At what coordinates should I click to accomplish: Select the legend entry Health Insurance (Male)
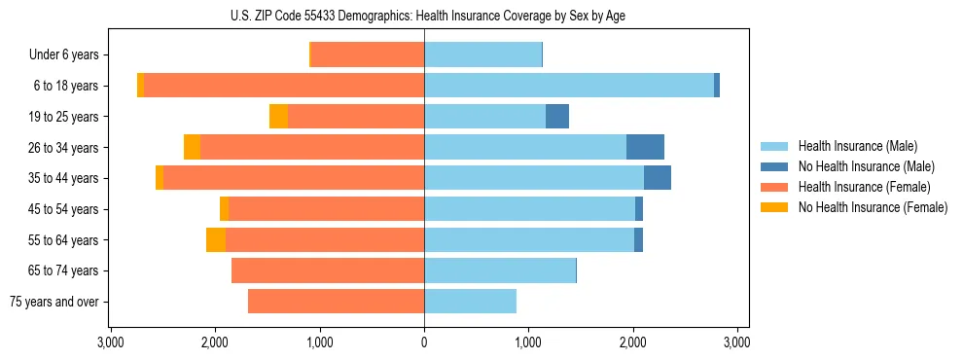point(857,146)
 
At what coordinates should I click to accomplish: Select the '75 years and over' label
point(53,302)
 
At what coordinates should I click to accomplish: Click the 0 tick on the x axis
point(424,343)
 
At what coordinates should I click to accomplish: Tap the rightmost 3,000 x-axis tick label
point(736,343)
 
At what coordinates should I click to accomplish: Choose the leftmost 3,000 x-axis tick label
point(111,343)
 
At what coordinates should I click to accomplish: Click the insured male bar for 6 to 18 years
point(569,86)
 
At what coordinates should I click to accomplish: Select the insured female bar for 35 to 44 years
point(294,178)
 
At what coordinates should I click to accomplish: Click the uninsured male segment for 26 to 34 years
point(645,147)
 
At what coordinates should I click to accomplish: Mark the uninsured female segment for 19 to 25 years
point(278,117)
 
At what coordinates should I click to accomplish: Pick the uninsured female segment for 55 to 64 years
point(216,239)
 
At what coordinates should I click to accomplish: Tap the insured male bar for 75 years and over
point(470,302)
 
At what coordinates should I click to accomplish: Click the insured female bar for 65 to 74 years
point(328,270)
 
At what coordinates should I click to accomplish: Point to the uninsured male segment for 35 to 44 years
point(658,178)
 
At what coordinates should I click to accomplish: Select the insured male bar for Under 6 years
point(482,55)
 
